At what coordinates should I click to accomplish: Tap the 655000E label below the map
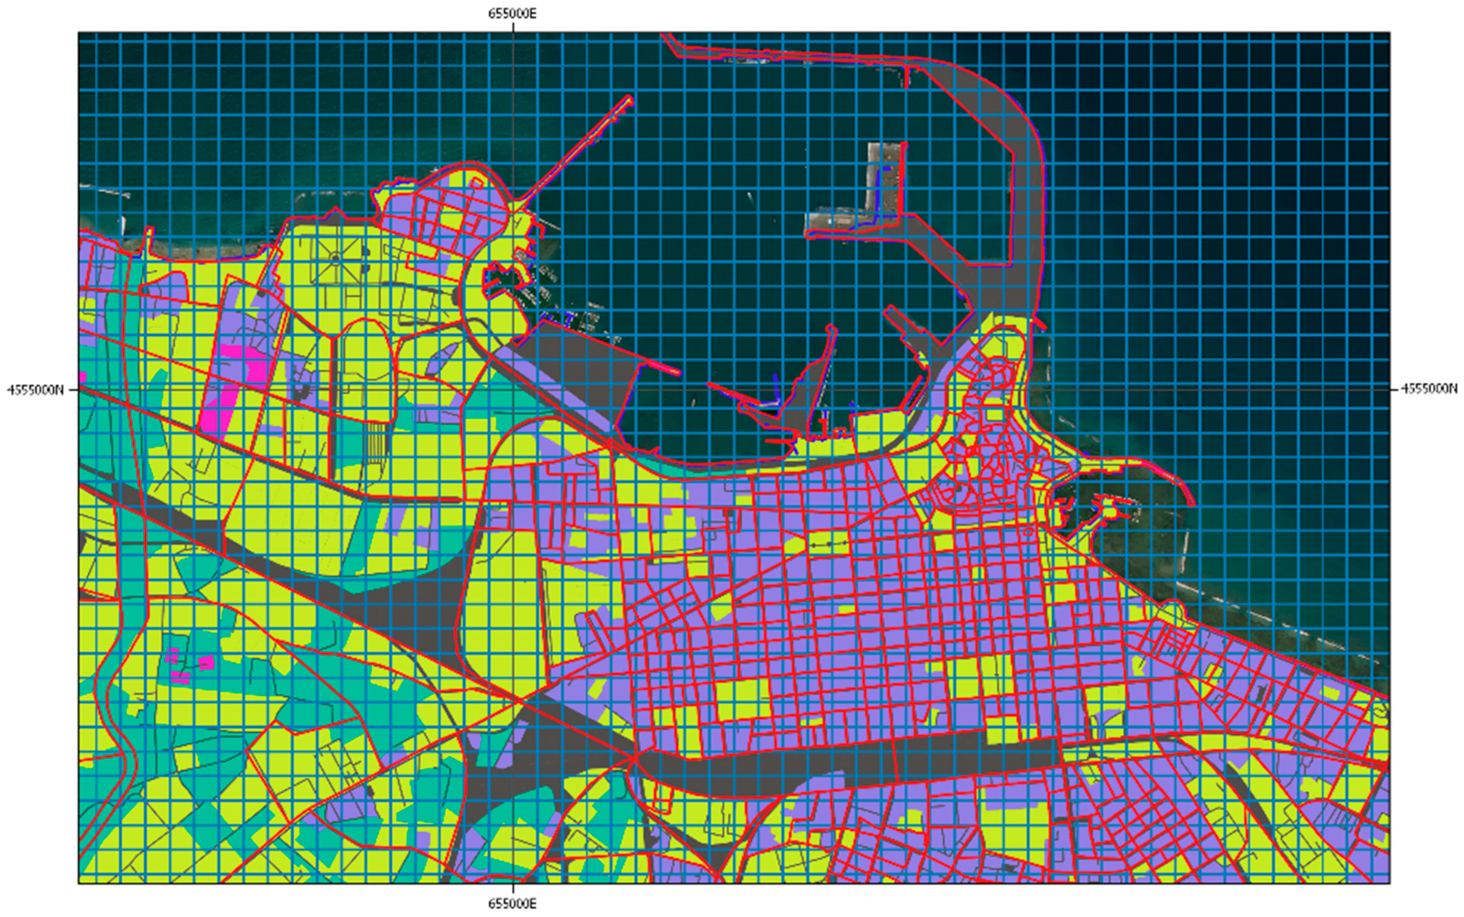[x=513, y=904]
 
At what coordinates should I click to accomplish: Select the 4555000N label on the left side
[x=35, y=389]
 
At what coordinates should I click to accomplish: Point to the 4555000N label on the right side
[x=1428, y=388]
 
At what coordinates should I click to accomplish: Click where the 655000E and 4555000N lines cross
[x=513, y=389]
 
